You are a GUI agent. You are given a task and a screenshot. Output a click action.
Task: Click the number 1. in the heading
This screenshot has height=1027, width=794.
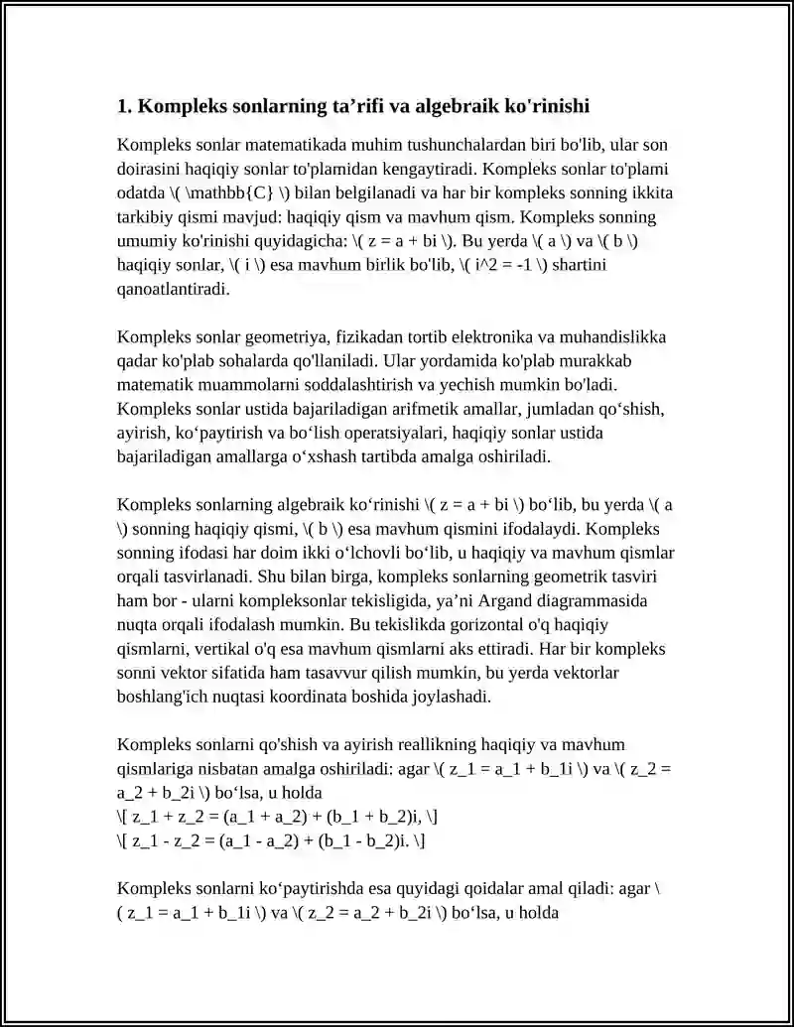(124, 105)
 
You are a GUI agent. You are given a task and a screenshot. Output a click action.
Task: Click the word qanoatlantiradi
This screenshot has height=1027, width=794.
(173, 289)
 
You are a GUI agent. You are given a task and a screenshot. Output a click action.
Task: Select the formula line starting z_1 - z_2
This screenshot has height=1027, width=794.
(271, 839)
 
